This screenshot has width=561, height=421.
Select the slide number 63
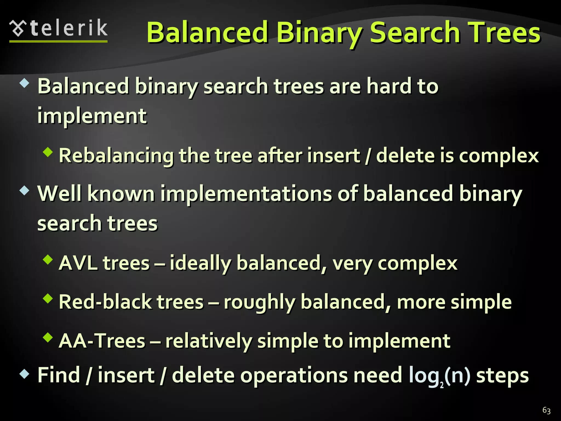pos(546,410)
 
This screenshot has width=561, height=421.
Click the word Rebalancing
pos(116,156)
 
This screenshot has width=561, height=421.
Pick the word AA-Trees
pos(102,341)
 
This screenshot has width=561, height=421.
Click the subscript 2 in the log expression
pos(442,386)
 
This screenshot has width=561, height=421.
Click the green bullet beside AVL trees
pos(48,259)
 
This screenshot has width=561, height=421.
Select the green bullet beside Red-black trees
pos(48,298)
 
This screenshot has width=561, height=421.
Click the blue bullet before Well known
pos(24,190)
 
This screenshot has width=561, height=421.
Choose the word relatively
pos(208,341)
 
